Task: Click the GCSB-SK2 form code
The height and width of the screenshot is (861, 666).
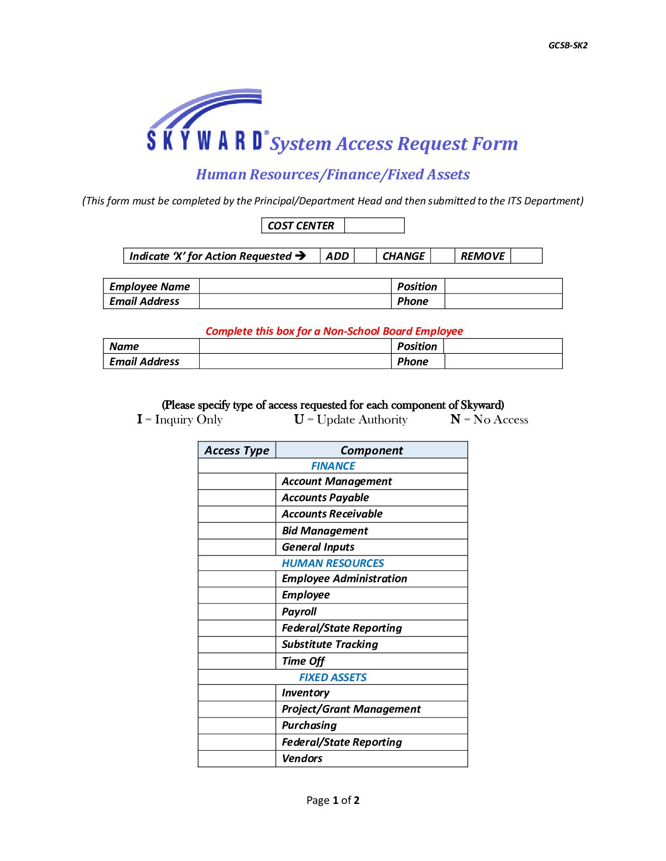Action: (568, 46)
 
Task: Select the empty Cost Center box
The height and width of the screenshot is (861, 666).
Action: (374, 226)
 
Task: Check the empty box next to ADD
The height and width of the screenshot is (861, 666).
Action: (365, 256)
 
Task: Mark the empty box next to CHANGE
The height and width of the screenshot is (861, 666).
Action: (442, 256)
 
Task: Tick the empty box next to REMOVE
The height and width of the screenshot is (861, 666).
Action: (526, 256)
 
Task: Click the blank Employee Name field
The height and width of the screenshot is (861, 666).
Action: (295, 286)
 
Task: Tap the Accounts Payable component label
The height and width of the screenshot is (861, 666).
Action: (325, 498)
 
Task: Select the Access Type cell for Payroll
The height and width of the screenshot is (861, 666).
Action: (237, 612)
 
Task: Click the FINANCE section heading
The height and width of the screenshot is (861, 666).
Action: (333, 466)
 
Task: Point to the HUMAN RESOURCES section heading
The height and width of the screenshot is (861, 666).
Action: (333, 564)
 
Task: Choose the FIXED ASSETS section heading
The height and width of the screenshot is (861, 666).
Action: (333, 678)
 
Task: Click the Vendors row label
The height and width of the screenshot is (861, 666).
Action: (302, 759)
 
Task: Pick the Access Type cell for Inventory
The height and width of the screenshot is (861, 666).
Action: (237, 693)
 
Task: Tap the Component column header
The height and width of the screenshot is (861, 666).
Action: (372, 451)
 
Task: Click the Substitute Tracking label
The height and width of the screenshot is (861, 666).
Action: (330, 645)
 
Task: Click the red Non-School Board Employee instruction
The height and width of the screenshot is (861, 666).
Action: (334, 332)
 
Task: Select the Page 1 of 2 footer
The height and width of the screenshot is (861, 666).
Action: (333, 801)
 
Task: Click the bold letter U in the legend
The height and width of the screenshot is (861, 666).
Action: (299, 420)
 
